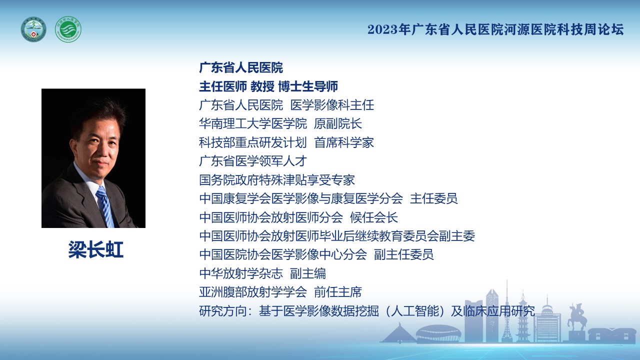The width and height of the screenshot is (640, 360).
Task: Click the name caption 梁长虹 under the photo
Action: [x=95, y=249]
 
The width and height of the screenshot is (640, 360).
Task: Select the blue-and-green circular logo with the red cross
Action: [x=33, y=29]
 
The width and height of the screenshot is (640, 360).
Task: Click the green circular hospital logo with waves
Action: [x=68, y=29]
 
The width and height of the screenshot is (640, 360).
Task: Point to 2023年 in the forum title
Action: [x=389, y=29]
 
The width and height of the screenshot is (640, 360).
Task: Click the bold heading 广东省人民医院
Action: [x=241, y=67]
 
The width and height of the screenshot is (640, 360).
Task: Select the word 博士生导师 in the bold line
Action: [x=308, y=86]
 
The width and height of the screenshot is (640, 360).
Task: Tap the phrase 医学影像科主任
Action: [x=332, y=105]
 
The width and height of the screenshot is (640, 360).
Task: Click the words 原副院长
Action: [x=337, y=123]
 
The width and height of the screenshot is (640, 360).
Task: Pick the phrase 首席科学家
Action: [x=343, y=142]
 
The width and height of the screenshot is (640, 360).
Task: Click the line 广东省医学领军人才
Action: [x=253, y=161]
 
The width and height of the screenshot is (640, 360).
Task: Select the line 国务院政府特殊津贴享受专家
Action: [x=277, y=180]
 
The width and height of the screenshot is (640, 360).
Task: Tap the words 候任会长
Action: [x=373, y=217]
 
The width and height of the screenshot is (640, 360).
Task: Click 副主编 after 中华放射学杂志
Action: [x=307, y=273]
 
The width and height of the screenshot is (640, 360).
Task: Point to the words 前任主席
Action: [x=337, y=292]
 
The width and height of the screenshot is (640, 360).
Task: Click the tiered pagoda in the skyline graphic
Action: [x=523, y=316]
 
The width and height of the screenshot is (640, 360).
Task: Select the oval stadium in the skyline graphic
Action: [x=438, y=333]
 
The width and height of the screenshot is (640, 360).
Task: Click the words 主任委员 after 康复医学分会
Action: [x=433, y=198]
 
